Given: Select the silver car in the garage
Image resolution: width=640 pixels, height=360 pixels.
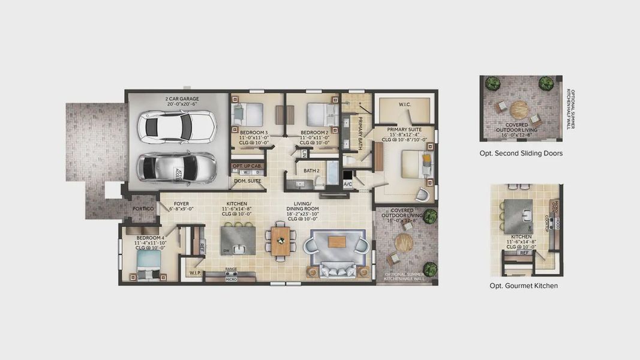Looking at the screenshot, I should [177, 167].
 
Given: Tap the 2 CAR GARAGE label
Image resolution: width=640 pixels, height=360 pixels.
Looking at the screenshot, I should [182, 99].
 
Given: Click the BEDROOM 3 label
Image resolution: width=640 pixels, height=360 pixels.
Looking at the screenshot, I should [254, 132].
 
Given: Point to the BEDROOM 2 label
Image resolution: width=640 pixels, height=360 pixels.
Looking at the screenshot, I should [314, 132].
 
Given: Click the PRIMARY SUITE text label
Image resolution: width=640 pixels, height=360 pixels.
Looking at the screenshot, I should [404, 129].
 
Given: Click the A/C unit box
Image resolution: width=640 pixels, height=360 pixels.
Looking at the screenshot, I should [348, 184].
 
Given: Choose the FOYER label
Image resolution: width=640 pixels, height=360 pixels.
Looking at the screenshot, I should [181, 204].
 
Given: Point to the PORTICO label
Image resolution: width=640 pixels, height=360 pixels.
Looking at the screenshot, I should [143, 209].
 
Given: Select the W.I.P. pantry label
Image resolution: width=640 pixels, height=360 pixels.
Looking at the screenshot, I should [195, 273].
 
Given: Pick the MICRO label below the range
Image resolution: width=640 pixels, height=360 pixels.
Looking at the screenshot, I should [231, 279].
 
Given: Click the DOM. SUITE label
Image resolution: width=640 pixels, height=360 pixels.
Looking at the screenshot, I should [247, 181].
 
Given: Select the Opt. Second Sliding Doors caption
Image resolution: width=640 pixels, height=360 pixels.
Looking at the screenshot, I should [521, 154].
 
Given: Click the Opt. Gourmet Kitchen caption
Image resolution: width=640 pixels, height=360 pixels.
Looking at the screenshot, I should [524, 286].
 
